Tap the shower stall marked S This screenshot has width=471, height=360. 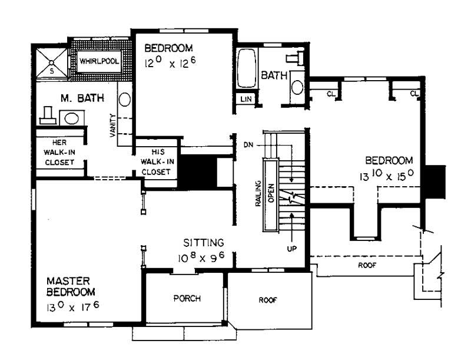(x=51, y=62)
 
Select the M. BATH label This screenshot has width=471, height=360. (x=74, y=97)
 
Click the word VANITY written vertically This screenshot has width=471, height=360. (x=112, y=125)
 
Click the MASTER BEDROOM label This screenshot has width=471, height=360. (x=71, y=286)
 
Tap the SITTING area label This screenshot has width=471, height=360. (x=203, y=242)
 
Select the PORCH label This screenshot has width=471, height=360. (x=187, y=298)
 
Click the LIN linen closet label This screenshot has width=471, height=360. (x=246, y=99)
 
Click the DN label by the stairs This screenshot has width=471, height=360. (x=248, y=144)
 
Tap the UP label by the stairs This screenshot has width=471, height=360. (x=291, y=249)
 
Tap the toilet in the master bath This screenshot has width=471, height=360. (x=48, y=116)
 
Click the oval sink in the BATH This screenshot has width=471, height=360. (x=297, y=87)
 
